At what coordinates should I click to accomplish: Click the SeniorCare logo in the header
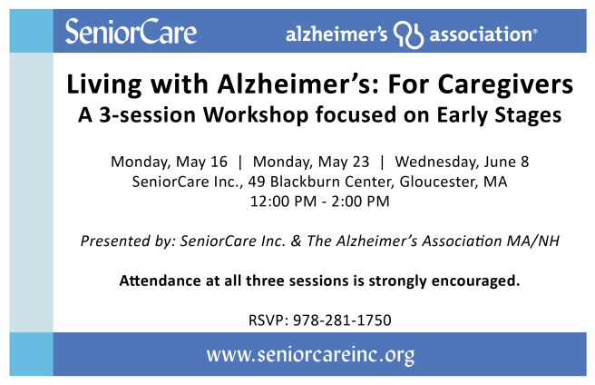click(x=131, y=33)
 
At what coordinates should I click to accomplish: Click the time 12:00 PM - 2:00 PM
click(x=319, y=201)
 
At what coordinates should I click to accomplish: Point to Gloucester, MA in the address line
click(x=457, y=182)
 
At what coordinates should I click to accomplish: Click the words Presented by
click(x=126, y=241)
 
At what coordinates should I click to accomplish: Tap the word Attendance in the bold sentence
click(x=159, y=280)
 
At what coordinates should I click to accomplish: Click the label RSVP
click(x=264, y=320)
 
